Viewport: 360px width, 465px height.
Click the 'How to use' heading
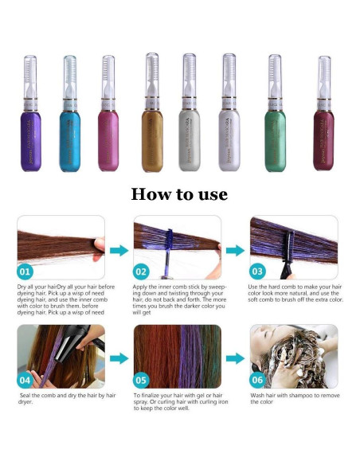click(x=179, y=194)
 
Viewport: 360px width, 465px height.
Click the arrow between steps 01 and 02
click(x=118, y=250)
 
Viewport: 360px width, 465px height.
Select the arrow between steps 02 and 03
click(x=234, y=250)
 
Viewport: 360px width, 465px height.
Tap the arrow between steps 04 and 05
click(x=118, y=358)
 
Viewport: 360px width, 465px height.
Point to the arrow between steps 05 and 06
click(x=234, y=358)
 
